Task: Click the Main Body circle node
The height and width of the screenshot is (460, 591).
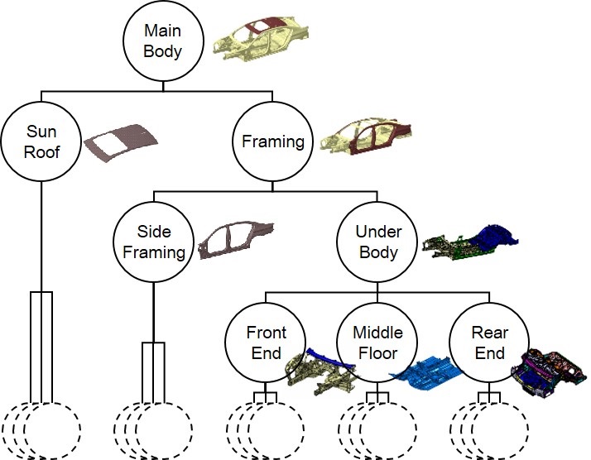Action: pos(163,41)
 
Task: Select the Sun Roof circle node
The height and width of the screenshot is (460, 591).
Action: pos(41,141)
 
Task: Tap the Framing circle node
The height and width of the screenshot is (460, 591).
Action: pos(273,141)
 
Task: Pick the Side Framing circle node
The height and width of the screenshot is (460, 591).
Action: pos(152,242)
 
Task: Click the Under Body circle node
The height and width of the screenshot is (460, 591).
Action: pos(377,242)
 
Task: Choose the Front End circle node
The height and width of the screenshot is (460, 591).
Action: pos(266,343)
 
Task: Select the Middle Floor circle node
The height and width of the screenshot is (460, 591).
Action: pos(377,343)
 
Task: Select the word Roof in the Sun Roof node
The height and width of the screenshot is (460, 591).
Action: pos(41,151)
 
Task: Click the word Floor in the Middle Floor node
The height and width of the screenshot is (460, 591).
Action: pos(377,354)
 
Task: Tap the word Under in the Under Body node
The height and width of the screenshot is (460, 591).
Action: pos(377,232)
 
